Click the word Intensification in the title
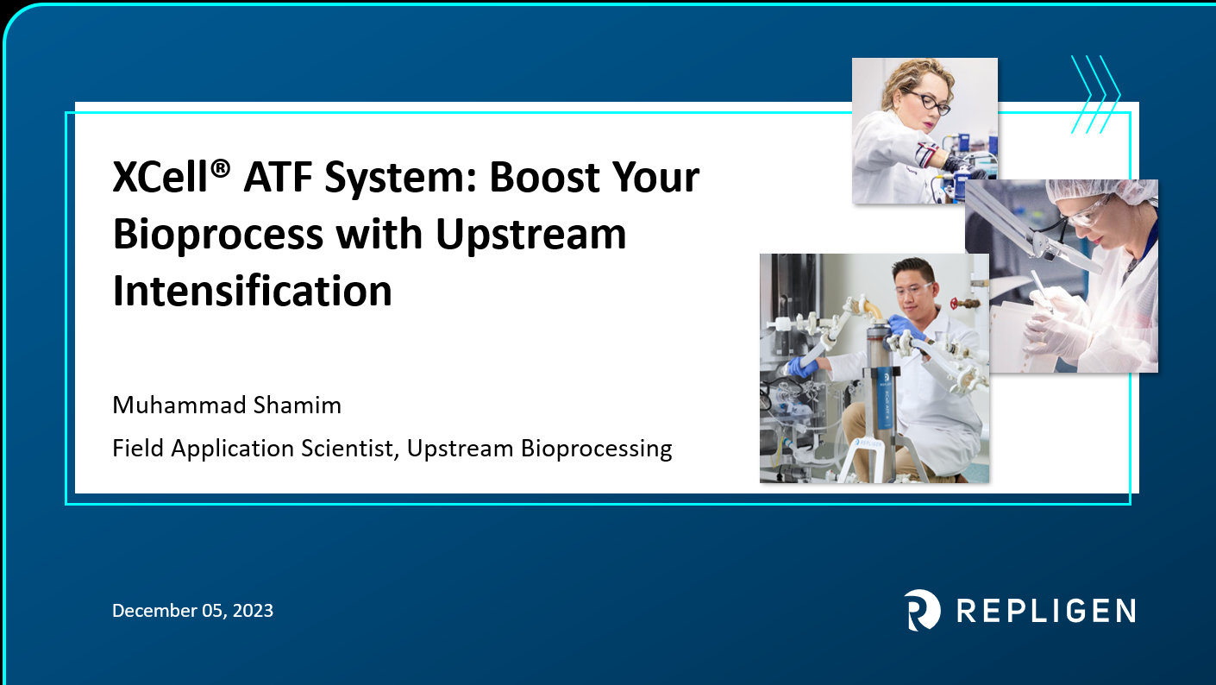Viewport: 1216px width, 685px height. point(252,291)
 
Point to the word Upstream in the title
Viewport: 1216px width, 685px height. point(530,234)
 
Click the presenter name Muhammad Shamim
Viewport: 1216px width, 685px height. point(227,405)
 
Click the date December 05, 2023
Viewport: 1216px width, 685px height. point(192,611)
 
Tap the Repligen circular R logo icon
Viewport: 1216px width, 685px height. point(922,610)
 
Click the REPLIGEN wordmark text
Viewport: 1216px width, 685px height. point(1045,611)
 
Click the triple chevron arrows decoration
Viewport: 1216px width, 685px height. point(1094,95)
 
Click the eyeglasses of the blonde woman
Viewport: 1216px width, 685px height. point(928,102)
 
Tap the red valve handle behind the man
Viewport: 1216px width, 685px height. point(955,303)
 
